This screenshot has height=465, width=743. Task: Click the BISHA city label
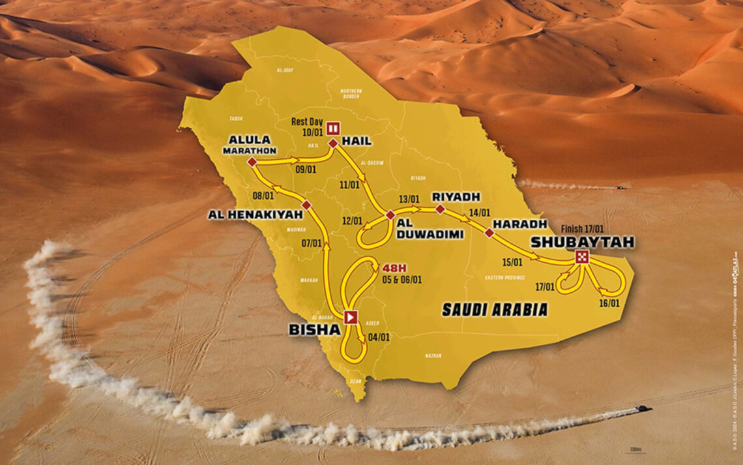(x=315, y=330)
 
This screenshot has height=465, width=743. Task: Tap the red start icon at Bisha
(x=351, y=318)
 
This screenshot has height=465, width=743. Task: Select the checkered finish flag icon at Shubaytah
(x=582, y=258)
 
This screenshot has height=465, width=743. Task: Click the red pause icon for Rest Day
(x=332, y=127)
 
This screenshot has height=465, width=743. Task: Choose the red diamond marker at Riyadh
(x=440, y=209)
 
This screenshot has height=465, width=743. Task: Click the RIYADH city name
(x=456, y=196)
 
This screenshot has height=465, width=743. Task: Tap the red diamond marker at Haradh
(x=489, y=232)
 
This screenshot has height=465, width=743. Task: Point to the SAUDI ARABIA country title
(x=495, y=310)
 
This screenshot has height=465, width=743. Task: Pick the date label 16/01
(x=609, y=303)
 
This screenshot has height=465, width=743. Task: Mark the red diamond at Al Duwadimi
(x=390, y=215)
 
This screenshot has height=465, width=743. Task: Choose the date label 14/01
(x=478, y=211)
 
